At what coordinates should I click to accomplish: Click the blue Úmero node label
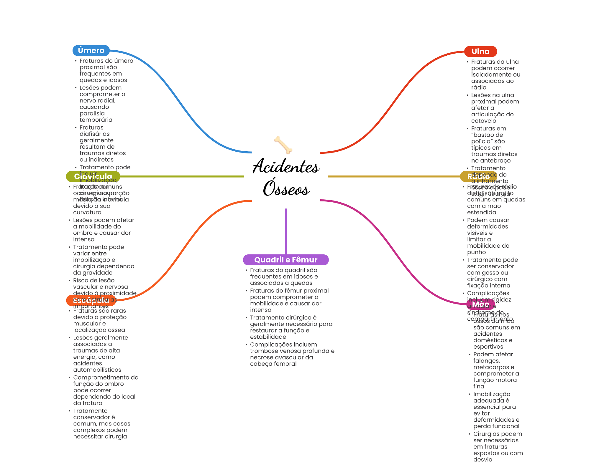pyautogui.click(x=91, y=51)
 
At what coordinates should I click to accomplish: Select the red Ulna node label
pyautogui.click(x=480, y=52)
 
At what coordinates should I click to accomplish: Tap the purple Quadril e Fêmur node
pyautogui.click(x=285, y=260)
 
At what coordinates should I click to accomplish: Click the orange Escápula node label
pyautogui.click(x=91, y=301)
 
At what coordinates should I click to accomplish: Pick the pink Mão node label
pyautogui.click(x=480, y=304)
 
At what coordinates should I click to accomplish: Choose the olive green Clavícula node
pyautogui.click(x=93, y=176)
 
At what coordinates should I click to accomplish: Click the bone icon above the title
pyautogui.click(x=283, y=145)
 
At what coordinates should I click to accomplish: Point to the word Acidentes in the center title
pyautogui.click(x=286, y=166)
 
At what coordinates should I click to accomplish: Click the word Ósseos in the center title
pyautogui.click(x=286, y=188)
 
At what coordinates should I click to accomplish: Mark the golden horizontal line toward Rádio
pyautogui.click(x=392, y=176)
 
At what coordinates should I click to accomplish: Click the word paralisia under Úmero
pyautogui.click(x=92, y=113)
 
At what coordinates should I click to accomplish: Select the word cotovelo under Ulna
pyautogui.click(x=484, y=121)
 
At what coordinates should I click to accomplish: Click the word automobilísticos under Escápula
pyautogui.click(x=97, y=370)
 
